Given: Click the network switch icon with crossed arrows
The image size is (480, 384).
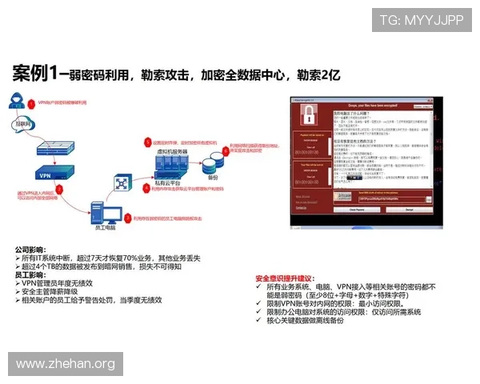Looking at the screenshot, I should [121, 182].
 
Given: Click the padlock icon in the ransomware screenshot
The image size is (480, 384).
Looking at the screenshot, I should [307, 116].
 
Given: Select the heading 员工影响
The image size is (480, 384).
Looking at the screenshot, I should [29, 274].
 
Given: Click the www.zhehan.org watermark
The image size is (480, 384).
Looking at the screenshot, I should [66, 364].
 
